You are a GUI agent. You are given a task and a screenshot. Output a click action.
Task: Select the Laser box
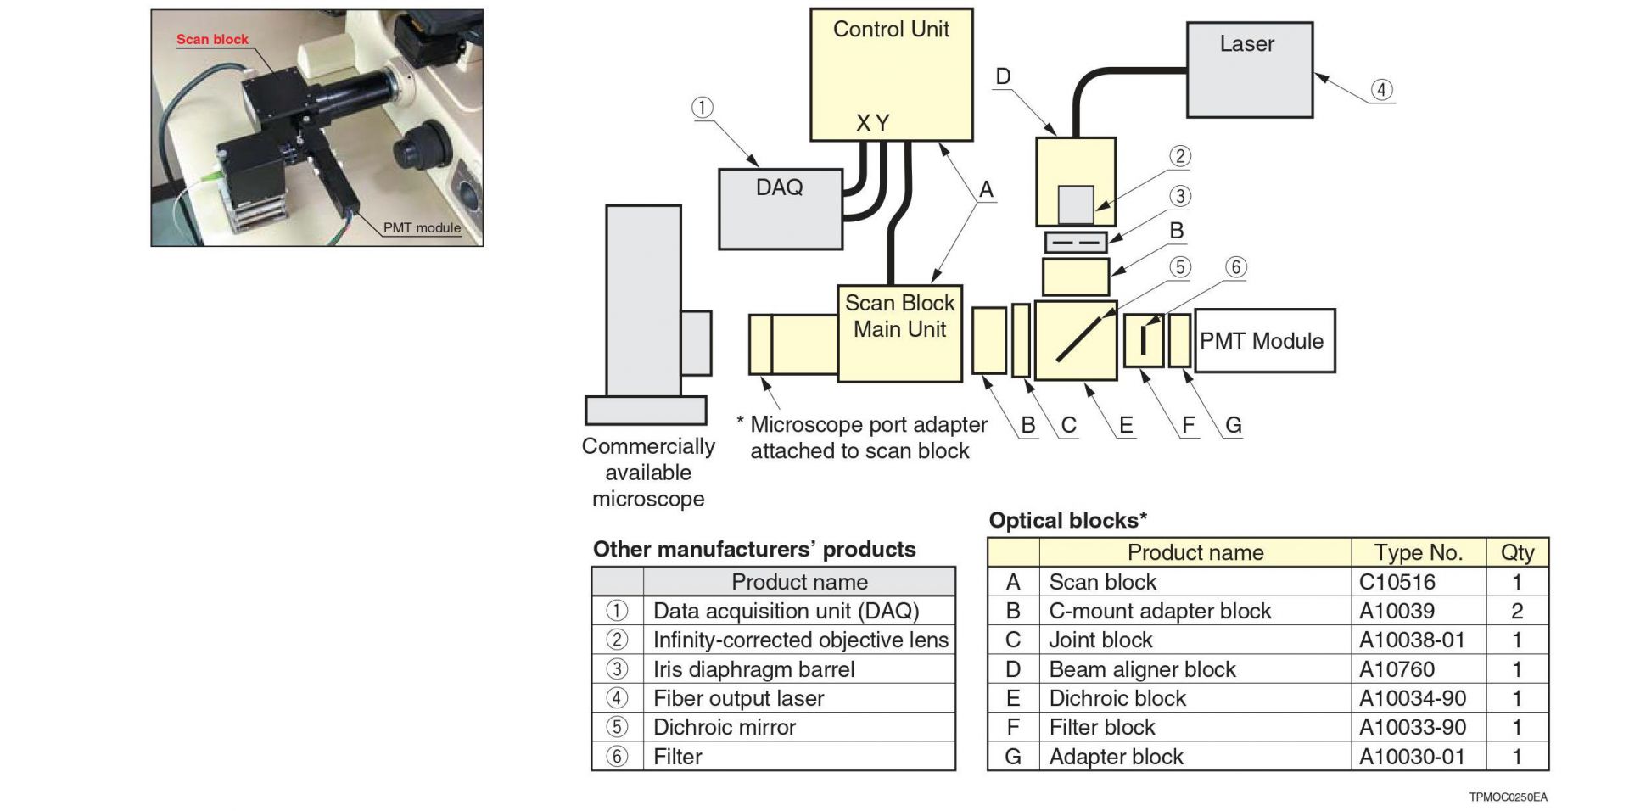(1249, 70)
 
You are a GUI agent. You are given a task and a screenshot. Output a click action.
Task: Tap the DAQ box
(780, 209)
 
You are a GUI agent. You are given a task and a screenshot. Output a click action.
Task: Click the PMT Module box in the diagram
(1264, 341)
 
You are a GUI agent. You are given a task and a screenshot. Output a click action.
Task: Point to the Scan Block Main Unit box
(899, 333)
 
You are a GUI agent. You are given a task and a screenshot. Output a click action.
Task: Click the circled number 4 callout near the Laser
(1381, 90)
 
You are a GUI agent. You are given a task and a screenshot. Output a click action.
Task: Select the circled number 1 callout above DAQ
(702, 108)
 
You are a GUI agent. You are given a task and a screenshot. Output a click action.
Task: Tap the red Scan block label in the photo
(212, 39)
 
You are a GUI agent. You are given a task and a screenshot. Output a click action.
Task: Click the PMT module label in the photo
(422, 227)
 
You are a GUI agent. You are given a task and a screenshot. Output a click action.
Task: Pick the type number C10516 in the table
(1397, 582)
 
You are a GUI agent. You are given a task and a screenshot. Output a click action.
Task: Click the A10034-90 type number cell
(1412, 698)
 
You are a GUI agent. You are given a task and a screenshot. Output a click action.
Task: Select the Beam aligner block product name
(1142, 669)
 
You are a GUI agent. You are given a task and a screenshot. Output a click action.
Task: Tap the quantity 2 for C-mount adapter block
(1517, 611)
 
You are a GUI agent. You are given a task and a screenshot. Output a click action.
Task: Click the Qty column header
(1517, 553)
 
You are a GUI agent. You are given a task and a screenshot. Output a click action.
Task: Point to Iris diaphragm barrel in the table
(753, 669)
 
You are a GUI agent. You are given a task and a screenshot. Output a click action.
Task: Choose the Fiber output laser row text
(738, 698)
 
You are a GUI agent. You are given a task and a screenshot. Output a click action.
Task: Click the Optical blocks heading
(1067, 520)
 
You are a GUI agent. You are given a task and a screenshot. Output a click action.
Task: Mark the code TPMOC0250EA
(1508, 797)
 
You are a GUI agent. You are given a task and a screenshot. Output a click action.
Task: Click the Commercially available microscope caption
(648, 473)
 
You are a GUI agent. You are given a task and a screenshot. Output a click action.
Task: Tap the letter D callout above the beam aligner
(1003, 76)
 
